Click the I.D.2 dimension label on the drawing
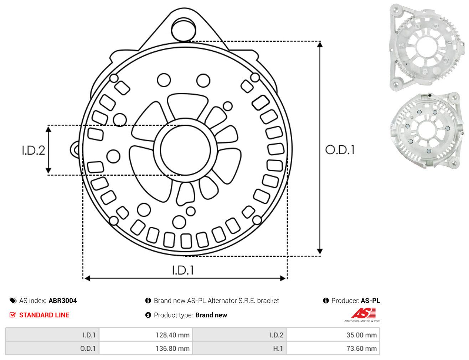tap(33, 151)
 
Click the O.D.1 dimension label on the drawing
tap(340, 150)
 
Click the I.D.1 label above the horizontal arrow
tap(183, 270)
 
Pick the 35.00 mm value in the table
tap(361, 335)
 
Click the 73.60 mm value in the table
tap(361, 348)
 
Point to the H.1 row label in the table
tap(278, 348)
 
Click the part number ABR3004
tap(63, 301)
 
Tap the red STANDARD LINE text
tap(44, 315)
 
